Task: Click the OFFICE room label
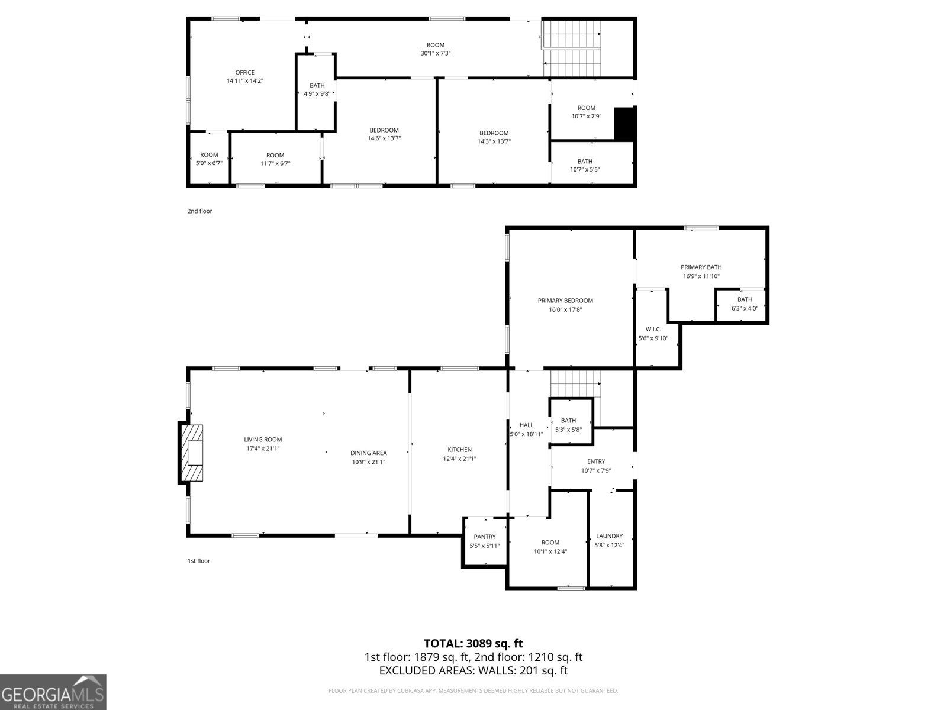pos(244,72)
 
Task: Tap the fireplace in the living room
pos(191,453)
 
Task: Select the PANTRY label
pos(485,537)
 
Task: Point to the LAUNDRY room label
pos(609,536)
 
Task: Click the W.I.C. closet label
pos(653,330)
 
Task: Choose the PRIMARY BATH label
pos(701,267)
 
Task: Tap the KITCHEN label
pos(459,450)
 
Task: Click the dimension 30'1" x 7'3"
pos(435,53)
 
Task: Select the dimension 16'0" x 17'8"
pos(565,309)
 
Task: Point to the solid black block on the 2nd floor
pos(624,124)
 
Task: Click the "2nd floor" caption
pos(199,211)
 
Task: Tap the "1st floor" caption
pos(199,561)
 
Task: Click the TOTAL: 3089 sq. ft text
pos(474,643)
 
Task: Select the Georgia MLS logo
pos(53,692)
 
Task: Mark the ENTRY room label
pos(596,461)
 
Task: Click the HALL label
pos(526,425)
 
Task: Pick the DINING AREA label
pos(369,453)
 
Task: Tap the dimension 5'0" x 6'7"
pos(210,163)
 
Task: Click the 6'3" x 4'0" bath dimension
pos(745,308)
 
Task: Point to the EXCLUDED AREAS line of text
pos(474,670)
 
